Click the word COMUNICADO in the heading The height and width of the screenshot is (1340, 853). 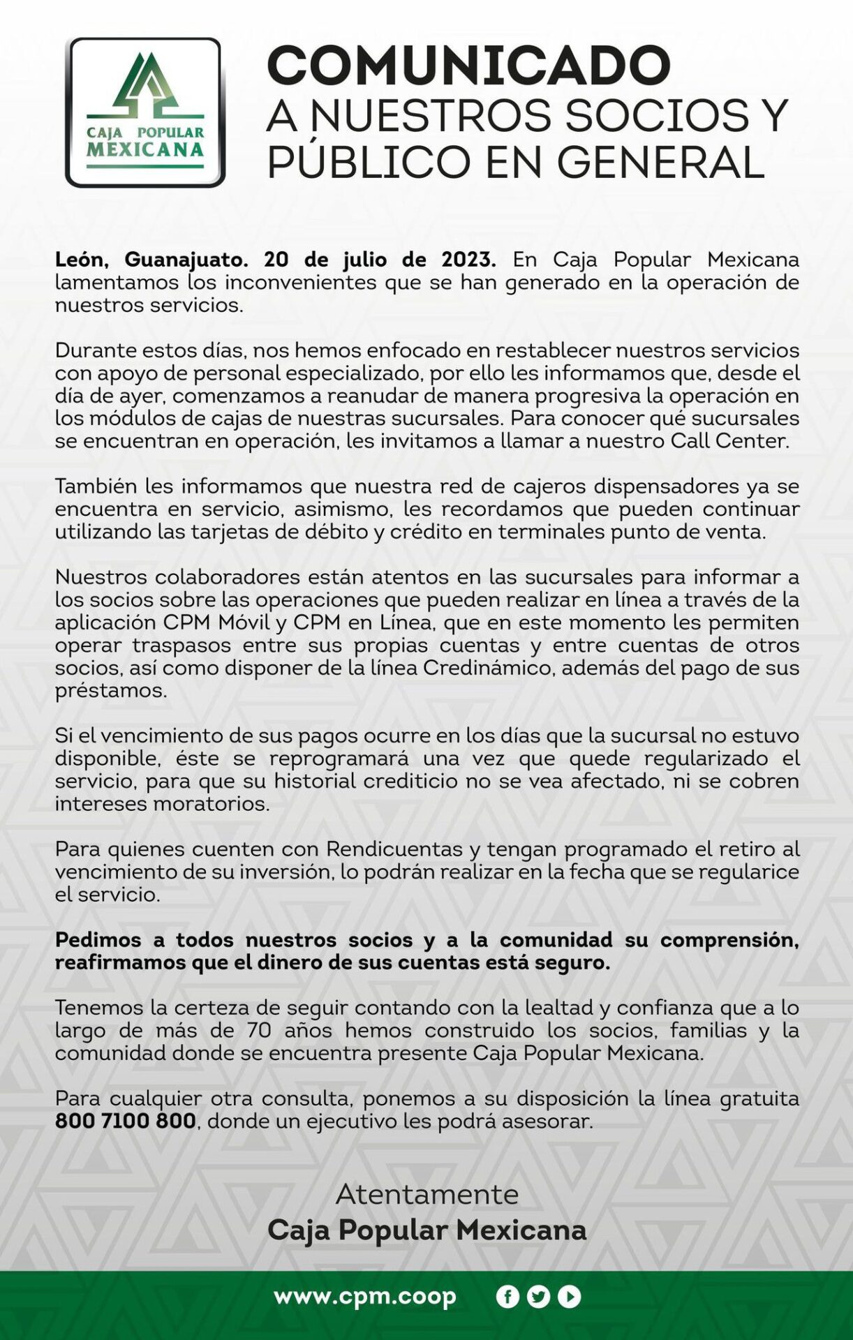click(x=468, y=66)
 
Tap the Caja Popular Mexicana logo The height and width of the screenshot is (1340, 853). click(x=145, y=112)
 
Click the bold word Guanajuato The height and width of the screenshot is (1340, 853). click(x=186, y=260)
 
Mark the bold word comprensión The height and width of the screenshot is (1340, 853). click(x=729, y=940)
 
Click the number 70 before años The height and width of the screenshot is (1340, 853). click(x=259, y=1030)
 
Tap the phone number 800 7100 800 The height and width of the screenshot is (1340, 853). click(x=126, y=1121)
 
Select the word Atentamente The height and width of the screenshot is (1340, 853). click(x=427, y=1194)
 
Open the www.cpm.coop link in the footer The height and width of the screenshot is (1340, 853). click(x=365, y=1296)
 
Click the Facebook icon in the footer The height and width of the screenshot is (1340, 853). click(x=507, y=1297)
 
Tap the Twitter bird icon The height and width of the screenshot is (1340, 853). click(x=538, y=1297)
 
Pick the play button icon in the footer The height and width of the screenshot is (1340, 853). click(x=569, y=1297)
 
